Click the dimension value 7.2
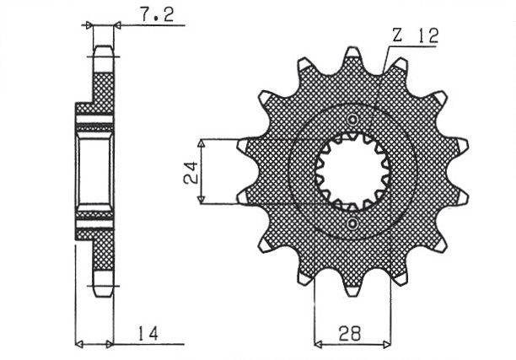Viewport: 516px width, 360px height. (x=152, y=15)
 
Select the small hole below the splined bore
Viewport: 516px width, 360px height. (x=352, y=224)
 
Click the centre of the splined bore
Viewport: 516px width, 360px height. (x=352, y=171)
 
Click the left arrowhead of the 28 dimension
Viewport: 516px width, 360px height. (x=318, y=343)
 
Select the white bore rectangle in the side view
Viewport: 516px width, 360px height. (x=94, y=171)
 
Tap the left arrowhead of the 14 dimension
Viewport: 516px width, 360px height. (x=79, y=343)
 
